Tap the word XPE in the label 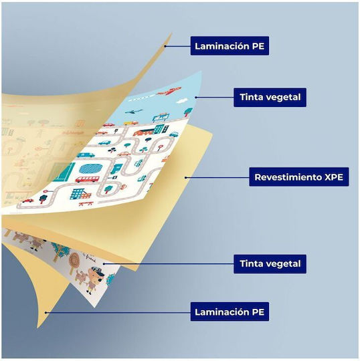(x=334, y=177)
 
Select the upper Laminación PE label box (x=230, y=46)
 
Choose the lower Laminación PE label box (x=230, y=312)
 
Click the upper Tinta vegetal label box (x=270, y=97)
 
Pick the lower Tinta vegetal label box (x=270, y=264)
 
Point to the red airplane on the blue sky (x=169, y=91)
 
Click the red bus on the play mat (x=87, y=179)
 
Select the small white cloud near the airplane (x=183, y=100)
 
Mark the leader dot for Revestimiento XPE (x=186, y=178)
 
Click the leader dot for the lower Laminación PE (x=46, y=312)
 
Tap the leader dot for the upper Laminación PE (x=165, y=46)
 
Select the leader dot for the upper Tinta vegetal (x=196, y=98)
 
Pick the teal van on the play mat (x=85, y=154)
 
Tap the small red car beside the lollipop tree (x=28, y=201)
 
